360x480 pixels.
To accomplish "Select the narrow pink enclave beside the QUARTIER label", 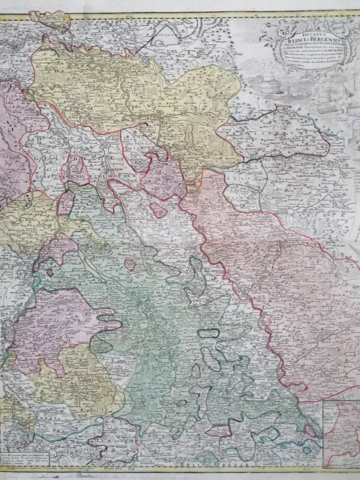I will click(67, 202).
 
